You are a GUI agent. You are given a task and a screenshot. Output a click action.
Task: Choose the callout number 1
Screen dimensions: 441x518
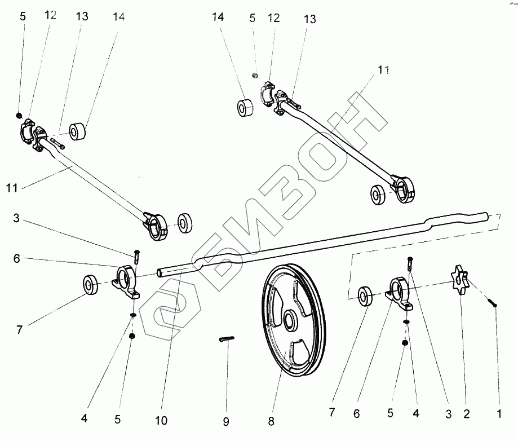(x=499, y=414)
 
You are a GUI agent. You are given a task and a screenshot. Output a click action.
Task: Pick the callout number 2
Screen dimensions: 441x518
(x=467, y=414)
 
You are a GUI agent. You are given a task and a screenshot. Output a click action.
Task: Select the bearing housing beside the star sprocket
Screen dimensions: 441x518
(x=401, y=293)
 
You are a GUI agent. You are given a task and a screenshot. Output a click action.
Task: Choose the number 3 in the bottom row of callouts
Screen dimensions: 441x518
(x=449, y=414)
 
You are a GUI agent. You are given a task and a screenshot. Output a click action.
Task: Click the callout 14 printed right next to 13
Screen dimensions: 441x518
(x=118, y=17)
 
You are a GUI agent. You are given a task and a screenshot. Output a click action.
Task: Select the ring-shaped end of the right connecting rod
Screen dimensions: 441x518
(x=404, y=189)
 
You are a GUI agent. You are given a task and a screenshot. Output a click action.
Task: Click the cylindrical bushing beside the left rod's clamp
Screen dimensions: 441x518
(x=78, y=132)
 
